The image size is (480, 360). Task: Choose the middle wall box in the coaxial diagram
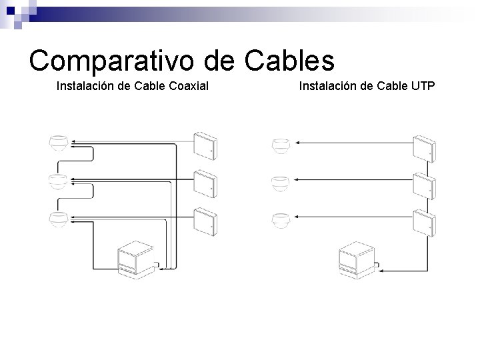(204, 183)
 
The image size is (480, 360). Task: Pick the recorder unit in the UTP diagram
(357, 259)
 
